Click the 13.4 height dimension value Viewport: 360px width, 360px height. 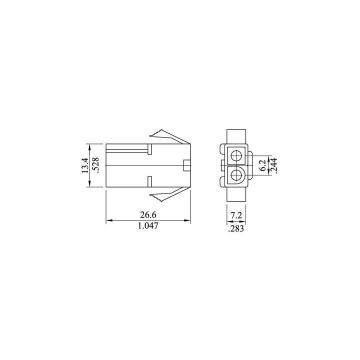[x=85, y=165]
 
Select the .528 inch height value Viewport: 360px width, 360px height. [x=96, y=165]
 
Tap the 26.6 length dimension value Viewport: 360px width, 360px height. [x=148, y=214]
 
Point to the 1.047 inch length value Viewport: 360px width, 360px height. [x=148, y=226]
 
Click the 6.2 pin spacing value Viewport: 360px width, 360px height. [x=262, y=165]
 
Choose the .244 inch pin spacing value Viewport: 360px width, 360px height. [x=273, y=165]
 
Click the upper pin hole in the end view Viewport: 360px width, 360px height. [x=237, y=154]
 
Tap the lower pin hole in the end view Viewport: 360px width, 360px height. [x=237, y=175]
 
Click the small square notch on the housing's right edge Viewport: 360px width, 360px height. [x=187, y=165]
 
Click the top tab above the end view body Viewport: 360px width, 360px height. [x=236, y=136]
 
